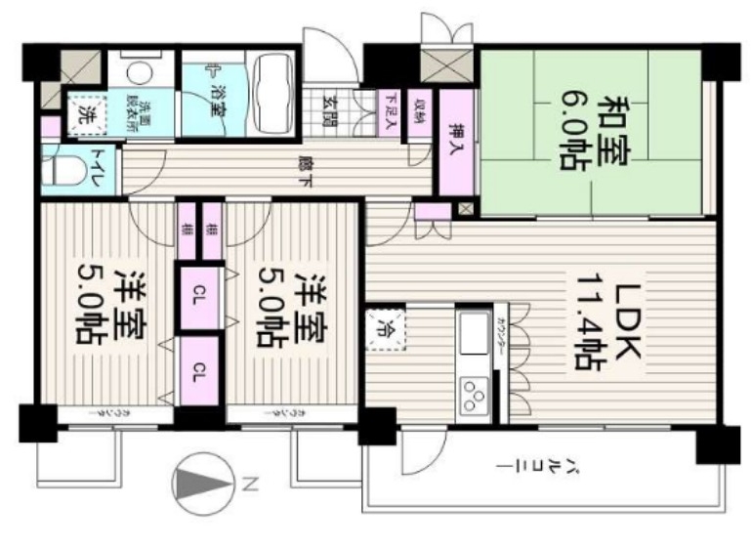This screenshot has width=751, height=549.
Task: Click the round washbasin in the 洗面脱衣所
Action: click(141, 71)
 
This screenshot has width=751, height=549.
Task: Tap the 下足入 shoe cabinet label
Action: click(391, 103)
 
